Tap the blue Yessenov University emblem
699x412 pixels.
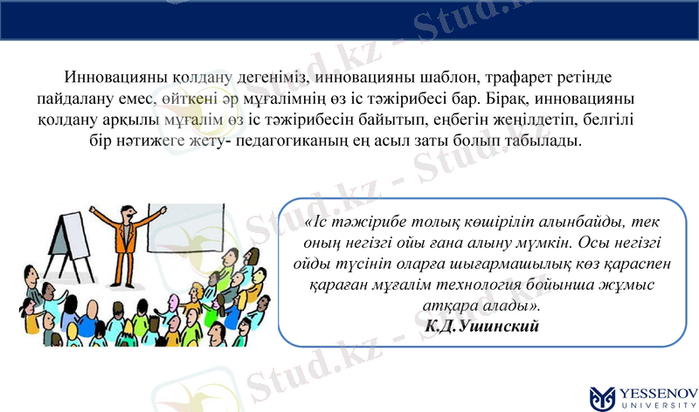pyautogui.click(x=602, y=398)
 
